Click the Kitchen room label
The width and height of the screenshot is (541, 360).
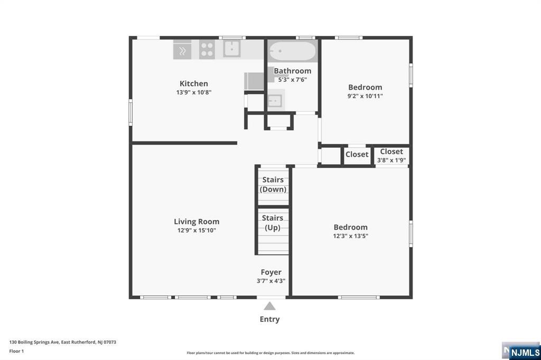pos(193,83)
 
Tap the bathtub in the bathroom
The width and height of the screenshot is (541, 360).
pos(292,52)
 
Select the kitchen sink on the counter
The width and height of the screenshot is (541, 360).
pos(231,49)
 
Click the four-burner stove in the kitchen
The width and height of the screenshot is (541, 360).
pos(207,50)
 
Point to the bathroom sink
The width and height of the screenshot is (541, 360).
pos(274,100)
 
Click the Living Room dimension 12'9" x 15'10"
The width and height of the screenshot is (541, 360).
pos(197,230)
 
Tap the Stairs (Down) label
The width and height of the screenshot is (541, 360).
pos(273,185)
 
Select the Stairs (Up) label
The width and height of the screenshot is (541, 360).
pos(273,223)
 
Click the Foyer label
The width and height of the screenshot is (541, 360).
pos(271,272)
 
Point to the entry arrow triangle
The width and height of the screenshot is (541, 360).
pos(269,306)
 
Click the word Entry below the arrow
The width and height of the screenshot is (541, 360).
pos(269,319)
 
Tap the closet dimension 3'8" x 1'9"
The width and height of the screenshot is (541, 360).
pos(391,160)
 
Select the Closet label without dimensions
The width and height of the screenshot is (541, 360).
pos(357,154)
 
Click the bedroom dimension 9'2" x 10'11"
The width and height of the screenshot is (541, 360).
pos(365,96)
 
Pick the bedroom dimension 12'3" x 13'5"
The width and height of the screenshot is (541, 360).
pos(350,236)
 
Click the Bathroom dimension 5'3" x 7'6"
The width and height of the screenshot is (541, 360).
pos(292,80)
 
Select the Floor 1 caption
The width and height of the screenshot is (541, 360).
pos(16,351)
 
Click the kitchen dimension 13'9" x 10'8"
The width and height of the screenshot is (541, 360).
pos(194,92)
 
